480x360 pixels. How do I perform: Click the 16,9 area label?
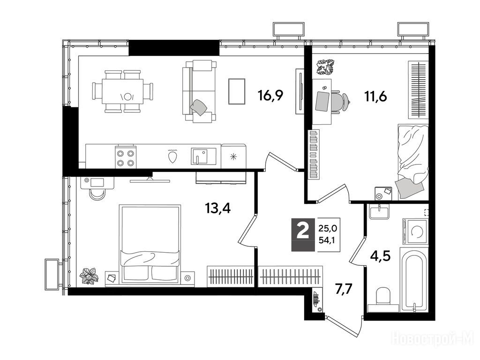tap(270, 96)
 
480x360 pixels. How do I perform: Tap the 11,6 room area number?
tap(375, 97)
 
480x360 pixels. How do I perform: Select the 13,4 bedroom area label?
tap(217, 209)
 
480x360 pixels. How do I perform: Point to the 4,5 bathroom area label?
tap(380, 256)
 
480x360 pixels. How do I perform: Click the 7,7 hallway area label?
tap(345, 289)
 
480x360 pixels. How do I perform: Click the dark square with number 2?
tap(303, 235)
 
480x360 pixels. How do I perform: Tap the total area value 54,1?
tap(327, 240)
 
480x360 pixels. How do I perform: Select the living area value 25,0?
tap(327, 228)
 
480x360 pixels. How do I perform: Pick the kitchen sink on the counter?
tap(203, 156)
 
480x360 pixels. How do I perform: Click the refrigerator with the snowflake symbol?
tap(233, 156)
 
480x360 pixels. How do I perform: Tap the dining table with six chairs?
tap(122, 91)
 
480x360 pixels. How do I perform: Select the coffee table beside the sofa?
tap(237, 91)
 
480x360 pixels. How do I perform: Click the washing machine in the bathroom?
tap(415, 231)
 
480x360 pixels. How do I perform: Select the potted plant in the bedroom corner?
tap(89, 276)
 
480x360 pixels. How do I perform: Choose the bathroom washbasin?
tap(379, 212)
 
